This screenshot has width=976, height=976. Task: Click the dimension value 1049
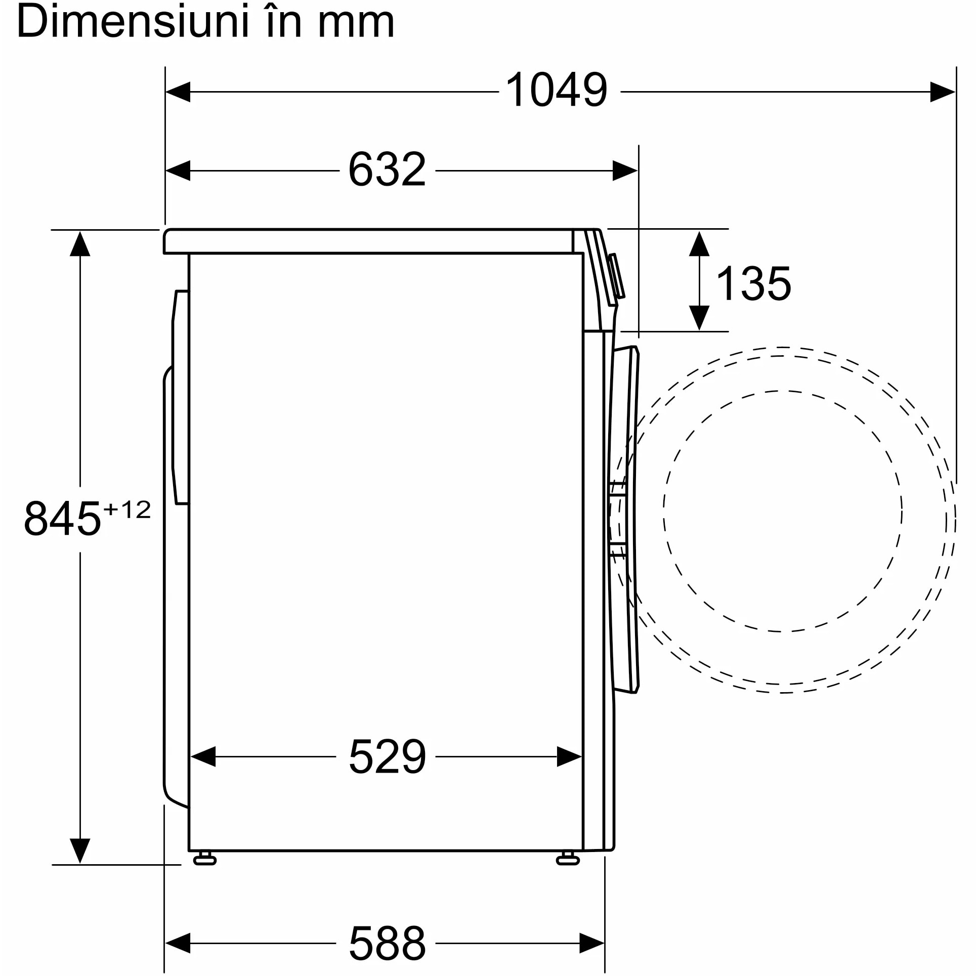click(x=556, y=90)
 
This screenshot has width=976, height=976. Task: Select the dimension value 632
click(x=387, y=169)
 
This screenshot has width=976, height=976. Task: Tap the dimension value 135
click(x=753, y=284)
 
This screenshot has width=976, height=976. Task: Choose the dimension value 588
click(x=387, y=943)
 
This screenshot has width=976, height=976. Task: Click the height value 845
click(x=62, y=518)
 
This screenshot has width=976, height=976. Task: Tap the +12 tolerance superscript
click(x=127, y=510)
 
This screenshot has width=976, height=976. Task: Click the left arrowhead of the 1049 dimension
click(x=178, y=92)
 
